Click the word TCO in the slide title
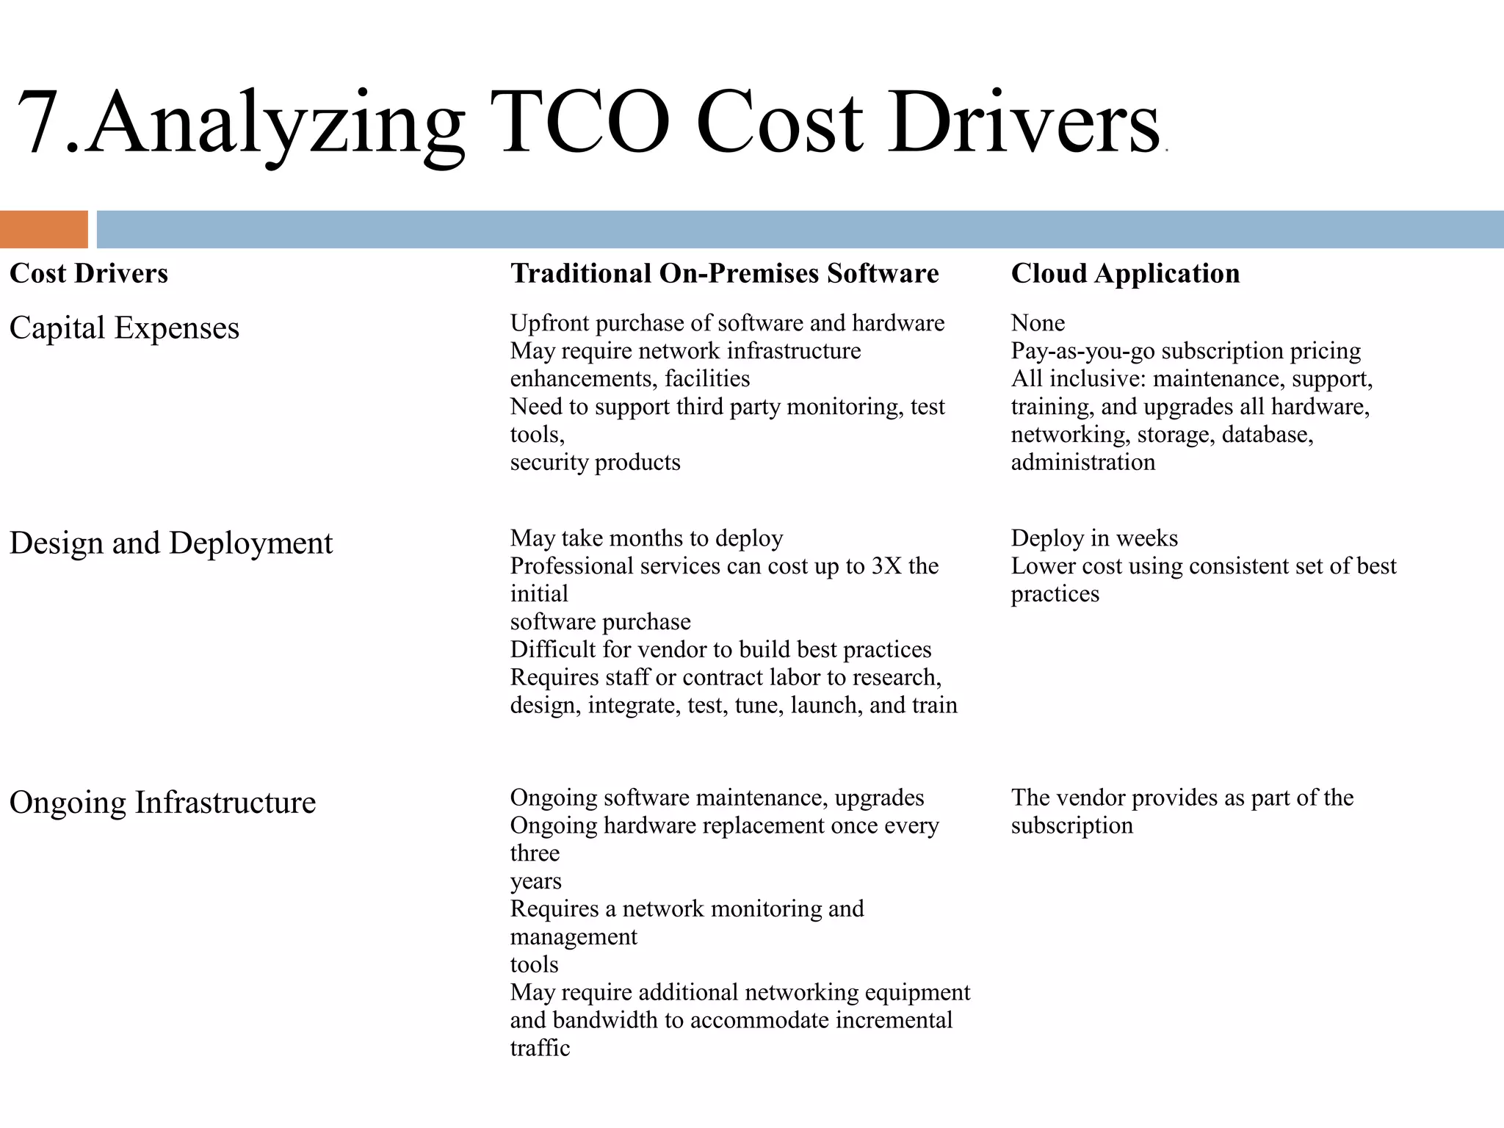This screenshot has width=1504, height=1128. [585, 122]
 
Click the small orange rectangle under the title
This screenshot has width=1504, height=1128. [43, 229]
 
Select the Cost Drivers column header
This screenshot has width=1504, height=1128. [89, 273]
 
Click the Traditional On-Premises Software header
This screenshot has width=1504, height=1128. [724, 273]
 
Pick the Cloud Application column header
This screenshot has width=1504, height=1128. [1125, 273]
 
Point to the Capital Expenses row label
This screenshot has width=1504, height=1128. [124, 328]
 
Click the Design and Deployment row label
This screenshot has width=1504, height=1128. [170, 543]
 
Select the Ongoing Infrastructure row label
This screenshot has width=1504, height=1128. [162, 802]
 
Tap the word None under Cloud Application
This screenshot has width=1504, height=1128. [1038, 323]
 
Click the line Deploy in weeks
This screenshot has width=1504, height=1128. [1094, 538]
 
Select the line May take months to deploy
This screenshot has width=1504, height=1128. [646, 538]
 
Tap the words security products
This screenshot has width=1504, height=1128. [595, 463]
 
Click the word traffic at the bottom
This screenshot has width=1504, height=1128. [540, 1048]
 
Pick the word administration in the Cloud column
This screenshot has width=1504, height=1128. [1082, 463]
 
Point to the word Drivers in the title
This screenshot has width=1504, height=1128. [1024, 122]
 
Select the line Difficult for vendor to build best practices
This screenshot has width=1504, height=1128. [720, 650]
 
